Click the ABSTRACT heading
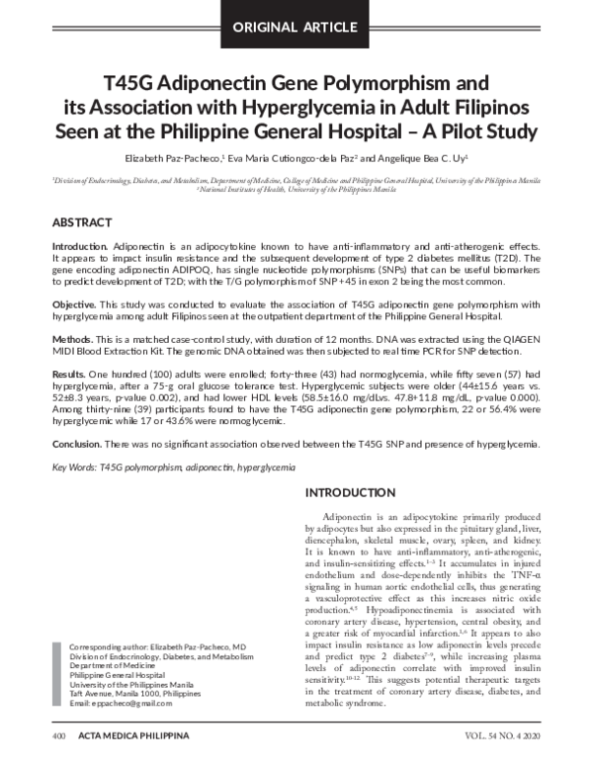tap(82, 223)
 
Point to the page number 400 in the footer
tap(58, 749)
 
